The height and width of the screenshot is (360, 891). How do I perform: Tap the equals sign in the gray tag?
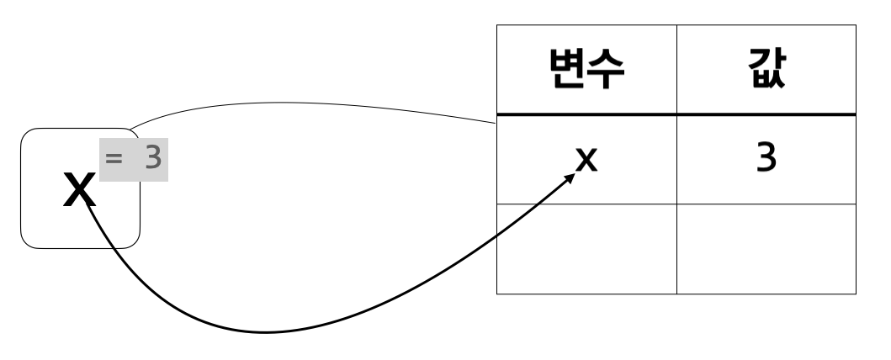[115, 157]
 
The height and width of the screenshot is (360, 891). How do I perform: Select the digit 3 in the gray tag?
[152, 157]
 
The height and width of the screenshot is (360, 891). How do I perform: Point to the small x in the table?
[586, 158]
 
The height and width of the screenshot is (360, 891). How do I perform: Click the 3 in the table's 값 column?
[766, 158]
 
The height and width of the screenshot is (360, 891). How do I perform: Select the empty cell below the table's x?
[586, 248]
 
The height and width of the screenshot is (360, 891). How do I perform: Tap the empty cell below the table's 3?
[766, 248]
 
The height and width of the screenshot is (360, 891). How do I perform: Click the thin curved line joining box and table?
[311, 105]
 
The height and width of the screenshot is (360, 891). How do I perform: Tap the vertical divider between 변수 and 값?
[676, 71]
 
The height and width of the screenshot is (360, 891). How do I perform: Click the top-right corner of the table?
[856, 26]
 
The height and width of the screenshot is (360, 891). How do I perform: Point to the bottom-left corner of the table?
[497, 294]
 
